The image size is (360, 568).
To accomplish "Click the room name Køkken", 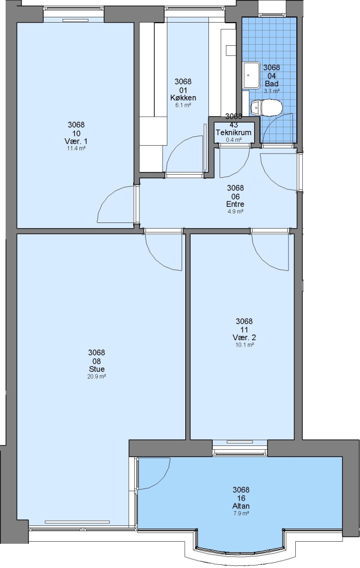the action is (x=183, y=98).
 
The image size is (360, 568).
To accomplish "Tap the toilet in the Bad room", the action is (x=266, y=108).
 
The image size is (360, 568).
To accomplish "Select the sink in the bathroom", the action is (x=251, y=75).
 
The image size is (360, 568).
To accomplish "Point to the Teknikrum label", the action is (x=234, y=133).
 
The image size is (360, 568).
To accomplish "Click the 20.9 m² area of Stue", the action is (x=97, y=377).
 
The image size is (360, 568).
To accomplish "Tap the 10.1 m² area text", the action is (x=244, y=345).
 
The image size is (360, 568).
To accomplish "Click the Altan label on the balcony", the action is (x=241, y=506).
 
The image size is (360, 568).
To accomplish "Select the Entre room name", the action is (x=235, y=204).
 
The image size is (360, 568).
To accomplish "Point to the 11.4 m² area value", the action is (x=76, y=148).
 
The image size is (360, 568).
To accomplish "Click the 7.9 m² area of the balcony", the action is (x=241, y=513).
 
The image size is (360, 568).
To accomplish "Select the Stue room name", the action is (x=97, y=369).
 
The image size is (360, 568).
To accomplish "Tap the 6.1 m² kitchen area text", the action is (x=183, y=105).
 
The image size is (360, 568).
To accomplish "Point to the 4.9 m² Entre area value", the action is (x=235, y=211).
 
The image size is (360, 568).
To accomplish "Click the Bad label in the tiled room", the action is (x=272, y=84).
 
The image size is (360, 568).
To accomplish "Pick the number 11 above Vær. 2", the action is (x=244, y=330).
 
